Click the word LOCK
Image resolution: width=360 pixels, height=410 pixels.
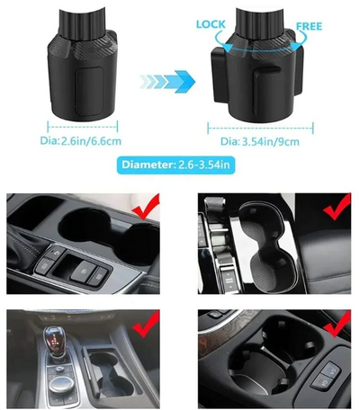211,24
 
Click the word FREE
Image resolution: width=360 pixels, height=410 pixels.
309,26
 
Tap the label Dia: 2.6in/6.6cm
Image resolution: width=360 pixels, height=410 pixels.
81,141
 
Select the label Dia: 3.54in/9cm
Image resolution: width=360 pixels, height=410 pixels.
260,141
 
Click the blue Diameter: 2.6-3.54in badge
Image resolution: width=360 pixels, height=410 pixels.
175,165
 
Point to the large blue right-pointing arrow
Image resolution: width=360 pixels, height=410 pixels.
167,81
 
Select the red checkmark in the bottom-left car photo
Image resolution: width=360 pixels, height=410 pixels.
146,324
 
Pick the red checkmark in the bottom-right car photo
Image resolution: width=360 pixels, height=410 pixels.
337,324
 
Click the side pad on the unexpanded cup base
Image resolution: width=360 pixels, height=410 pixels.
89,92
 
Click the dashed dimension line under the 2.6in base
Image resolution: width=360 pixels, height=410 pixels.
83,127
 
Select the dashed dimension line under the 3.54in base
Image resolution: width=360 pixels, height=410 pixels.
260,128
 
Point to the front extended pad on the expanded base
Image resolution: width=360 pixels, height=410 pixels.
266,90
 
